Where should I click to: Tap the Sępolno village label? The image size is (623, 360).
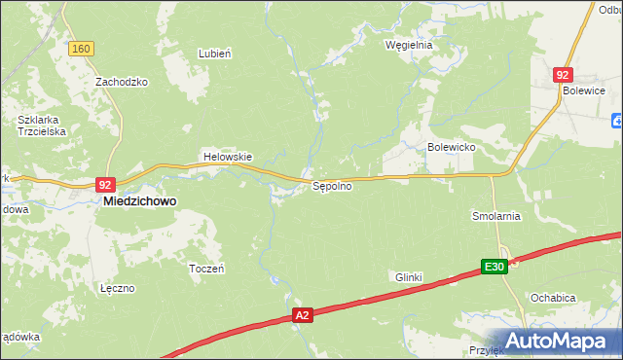click(331, 186)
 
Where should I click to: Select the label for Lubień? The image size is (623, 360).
click(214, 54)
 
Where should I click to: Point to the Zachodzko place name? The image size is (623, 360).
click(121, 82)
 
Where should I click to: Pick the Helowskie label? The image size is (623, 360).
click(227, 157)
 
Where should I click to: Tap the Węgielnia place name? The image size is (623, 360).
click(408, 45)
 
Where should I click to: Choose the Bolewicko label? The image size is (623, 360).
click(450, 147)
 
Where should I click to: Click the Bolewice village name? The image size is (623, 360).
click(583, 90)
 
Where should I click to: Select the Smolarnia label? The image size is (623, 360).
click(496, 216)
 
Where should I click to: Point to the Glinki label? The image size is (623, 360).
click(408, 277)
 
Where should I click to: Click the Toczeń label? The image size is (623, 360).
click(206, 268)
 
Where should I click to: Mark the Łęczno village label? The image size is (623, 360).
click(116, 288)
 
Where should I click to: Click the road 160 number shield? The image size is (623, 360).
click(81, 49)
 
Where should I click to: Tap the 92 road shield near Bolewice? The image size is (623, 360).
click(563, 74)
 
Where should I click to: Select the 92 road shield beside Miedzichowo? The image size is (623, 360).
click(106, 184)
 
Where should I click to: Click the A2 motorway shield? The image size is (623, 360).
click(303, 315)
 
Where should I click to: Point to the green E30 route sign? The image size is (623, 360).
click(495, 267)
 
